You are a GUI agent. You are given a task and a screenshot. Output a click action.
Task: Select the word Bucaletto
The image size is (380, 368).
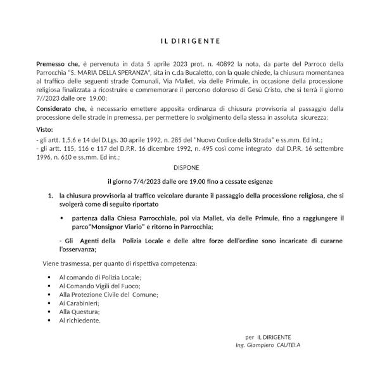click(x=216, y=72)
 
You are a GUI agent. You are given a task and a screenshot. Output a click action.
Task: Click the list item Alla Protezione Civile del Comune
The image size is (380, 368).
click(x=108, y=295)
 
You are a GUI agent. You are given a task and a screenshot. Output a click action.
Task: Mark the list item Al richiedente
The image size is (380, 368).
click(x=80, y=320)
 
